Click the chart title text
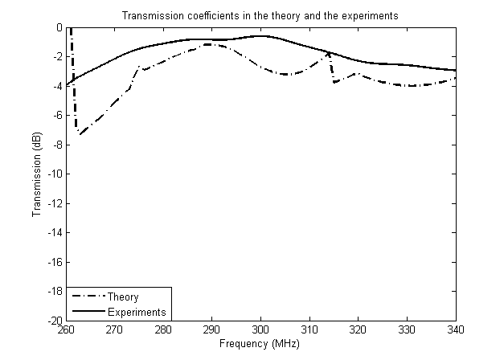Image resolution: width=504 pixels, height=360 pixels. click(260, 16)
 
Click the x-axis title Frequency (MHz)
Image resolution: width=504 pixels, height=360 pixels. click(260, 345)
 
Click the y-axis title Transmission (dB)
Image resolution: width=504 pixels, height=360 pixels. click(37, 174)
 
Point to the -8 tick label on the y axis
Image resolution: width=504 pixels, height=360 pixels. click(56, 145)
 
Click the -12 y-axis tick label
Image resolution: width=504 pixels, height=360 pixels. click(54, 203)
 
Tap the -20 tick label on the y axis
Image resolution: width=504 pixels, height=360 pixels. click(54, 321)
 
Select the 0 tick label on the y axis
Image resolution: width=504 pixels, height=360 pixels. click(59, 27)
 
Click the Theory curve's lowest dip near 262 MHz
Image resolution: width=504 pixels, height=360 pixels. click(79, 133)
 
